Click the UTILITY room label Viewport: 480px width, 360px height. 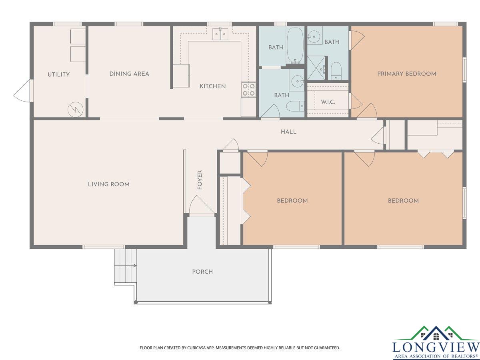(x=59, y=74)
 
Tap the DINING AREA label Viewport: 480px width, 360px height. (x=129, y=74)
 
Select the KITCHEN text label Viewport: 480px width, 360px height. (x=212, y=86)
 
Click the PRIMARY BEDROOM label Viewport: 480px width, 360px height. (x=407, y=74)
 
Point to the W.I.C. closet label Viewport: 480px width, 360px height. (x=328, y=102)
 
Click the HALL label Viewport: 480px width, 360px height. (x=288, y=132)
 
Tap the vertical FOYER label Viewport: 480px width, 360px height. (x=200, y=180)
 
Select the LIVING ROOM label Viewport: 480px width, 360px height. (x=109, y=184)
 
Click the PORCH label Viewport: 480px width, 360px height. (x=202, y=272)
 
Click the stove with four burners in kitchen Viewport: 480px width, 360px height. (x=249, y=90)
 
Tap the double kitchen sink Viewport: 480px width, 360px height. (x=220, y=34)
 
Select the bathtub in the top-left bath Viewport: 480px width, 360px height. (x=295, y=45)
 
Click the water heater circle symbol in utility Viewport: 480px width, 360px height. (x=76, y=109)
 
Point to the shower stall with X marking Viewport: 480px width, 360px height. (x=316, y=68)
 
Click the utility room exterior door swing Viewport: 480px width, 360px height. (x=24, y=91)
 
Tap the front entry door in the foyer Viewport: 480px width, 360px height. (x=202, y=205)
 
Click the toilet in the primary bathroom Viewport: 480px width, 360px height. (x=336, y=70)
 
